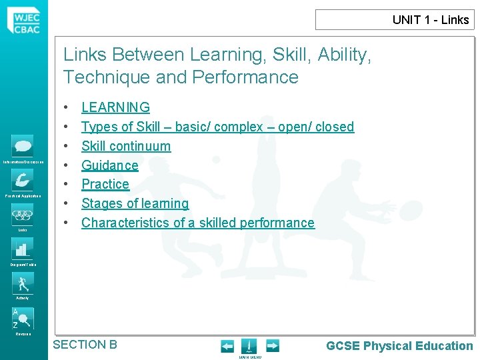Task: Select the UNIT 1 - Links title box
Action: tap(395, 19)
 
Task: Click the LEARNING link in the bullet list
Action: tap(115, 107)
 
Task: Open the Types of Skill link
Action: tap(217, 127)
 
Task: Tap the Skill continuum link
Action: tap(126, 146)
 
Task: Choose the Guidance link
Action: tap(110, 165)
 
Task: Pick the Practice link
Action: tap(105, 184)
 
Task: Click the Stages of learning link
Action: tap(135, 203)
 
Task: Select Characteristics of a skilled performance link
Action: tap(197, 223)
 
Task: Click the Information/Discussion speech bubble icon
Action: tap(23, 146)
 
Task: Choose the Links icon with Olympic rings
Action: tap(23, 214)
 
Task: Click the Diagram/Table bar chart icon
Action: tap(23, 249)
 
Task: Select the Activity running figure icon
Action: tap(23, 283)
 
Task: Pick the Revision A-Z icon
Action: tap(23, 318)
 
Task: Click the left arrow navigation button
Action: tap(227, 346)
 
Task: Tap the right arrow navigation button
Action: tap(273, 346)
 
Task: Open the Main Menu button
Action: tap(249, 347)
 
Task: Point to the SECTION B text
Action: tap(85, 345)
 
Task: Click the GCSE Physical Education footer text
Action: tap(399, 346)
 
